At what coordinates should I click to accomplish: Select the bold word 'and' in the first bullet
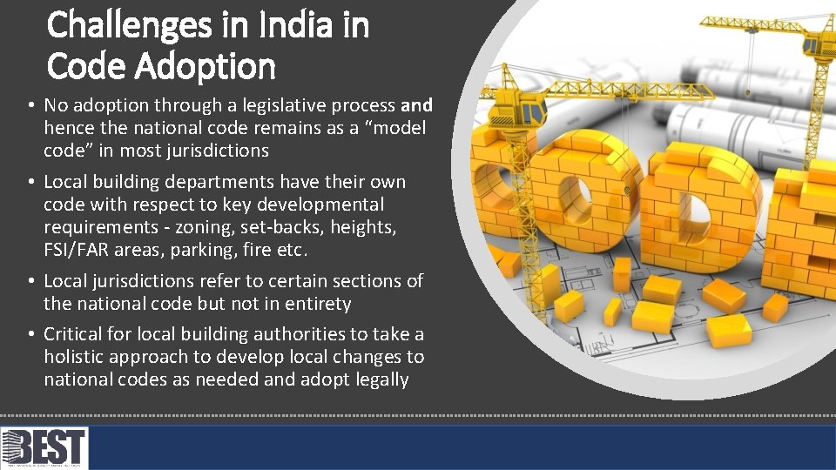pos(416,106)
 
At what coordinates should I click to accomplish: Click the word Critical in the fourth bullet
pos(72,334)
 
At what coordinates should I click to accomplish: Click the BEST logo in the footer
pos(44,447)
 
